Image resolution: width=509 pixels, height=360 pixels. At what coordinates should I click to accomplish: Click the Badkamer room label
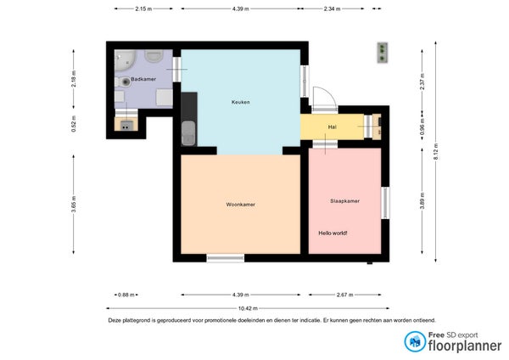tap(143, 79)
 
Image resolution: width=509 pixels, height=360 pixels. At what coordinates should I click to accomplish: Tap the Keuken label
tap(241, 102)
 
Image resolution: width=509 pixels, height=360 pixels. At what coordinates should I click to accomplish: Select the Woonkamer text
tap(241, 205)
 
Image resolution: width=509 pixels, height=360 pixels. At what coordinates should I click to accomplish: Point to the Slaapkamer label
tap(344, 200)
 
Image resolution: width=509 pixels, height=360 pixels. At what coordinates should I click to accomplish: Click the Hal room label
tap(332, 127)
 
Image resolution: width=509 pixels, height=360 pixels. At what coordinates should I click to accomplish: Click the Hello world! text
tap(333, 233)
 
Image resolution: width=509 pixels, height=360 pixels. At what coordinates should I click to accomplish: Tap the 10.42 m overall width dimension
tap(248, 308)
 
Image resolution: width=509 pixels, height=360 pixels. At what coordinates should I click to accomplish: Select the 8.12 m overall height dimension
tap(436, 151)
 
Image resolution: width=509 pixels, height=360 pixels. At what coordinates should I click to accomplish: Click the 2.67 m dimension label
tap(344, 295)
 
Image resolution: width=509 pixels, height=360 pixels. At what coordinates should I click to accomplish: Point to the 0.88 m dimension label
tap(126, 295)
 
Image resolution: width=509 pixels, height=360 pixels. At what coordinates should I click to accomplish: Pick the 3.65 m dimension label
tap(74, 204)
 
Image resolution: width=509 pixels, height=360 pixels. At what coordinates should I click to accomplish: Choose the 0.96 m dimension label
tap(422, 126)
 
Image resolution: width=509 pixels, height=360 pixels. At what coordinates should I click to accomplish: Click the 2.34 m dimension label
tap(332, 8)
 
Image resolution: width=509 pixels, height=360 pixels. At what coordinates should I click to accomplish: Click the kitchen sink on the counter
tap(188, 133)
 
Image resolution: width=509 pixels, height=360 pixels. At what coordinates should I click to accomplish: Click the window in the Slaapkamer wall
tap(385, 203)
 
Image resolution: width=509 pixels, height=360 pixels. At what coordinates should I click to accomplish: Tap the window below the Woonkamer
tap(226, 258)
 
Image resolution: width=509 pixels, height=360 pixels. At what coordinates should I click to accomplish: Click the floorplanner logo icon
tap(415, 341)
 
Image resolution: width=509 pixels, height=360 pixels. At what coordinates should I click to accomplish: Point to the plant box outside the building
tap(383, 53)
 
